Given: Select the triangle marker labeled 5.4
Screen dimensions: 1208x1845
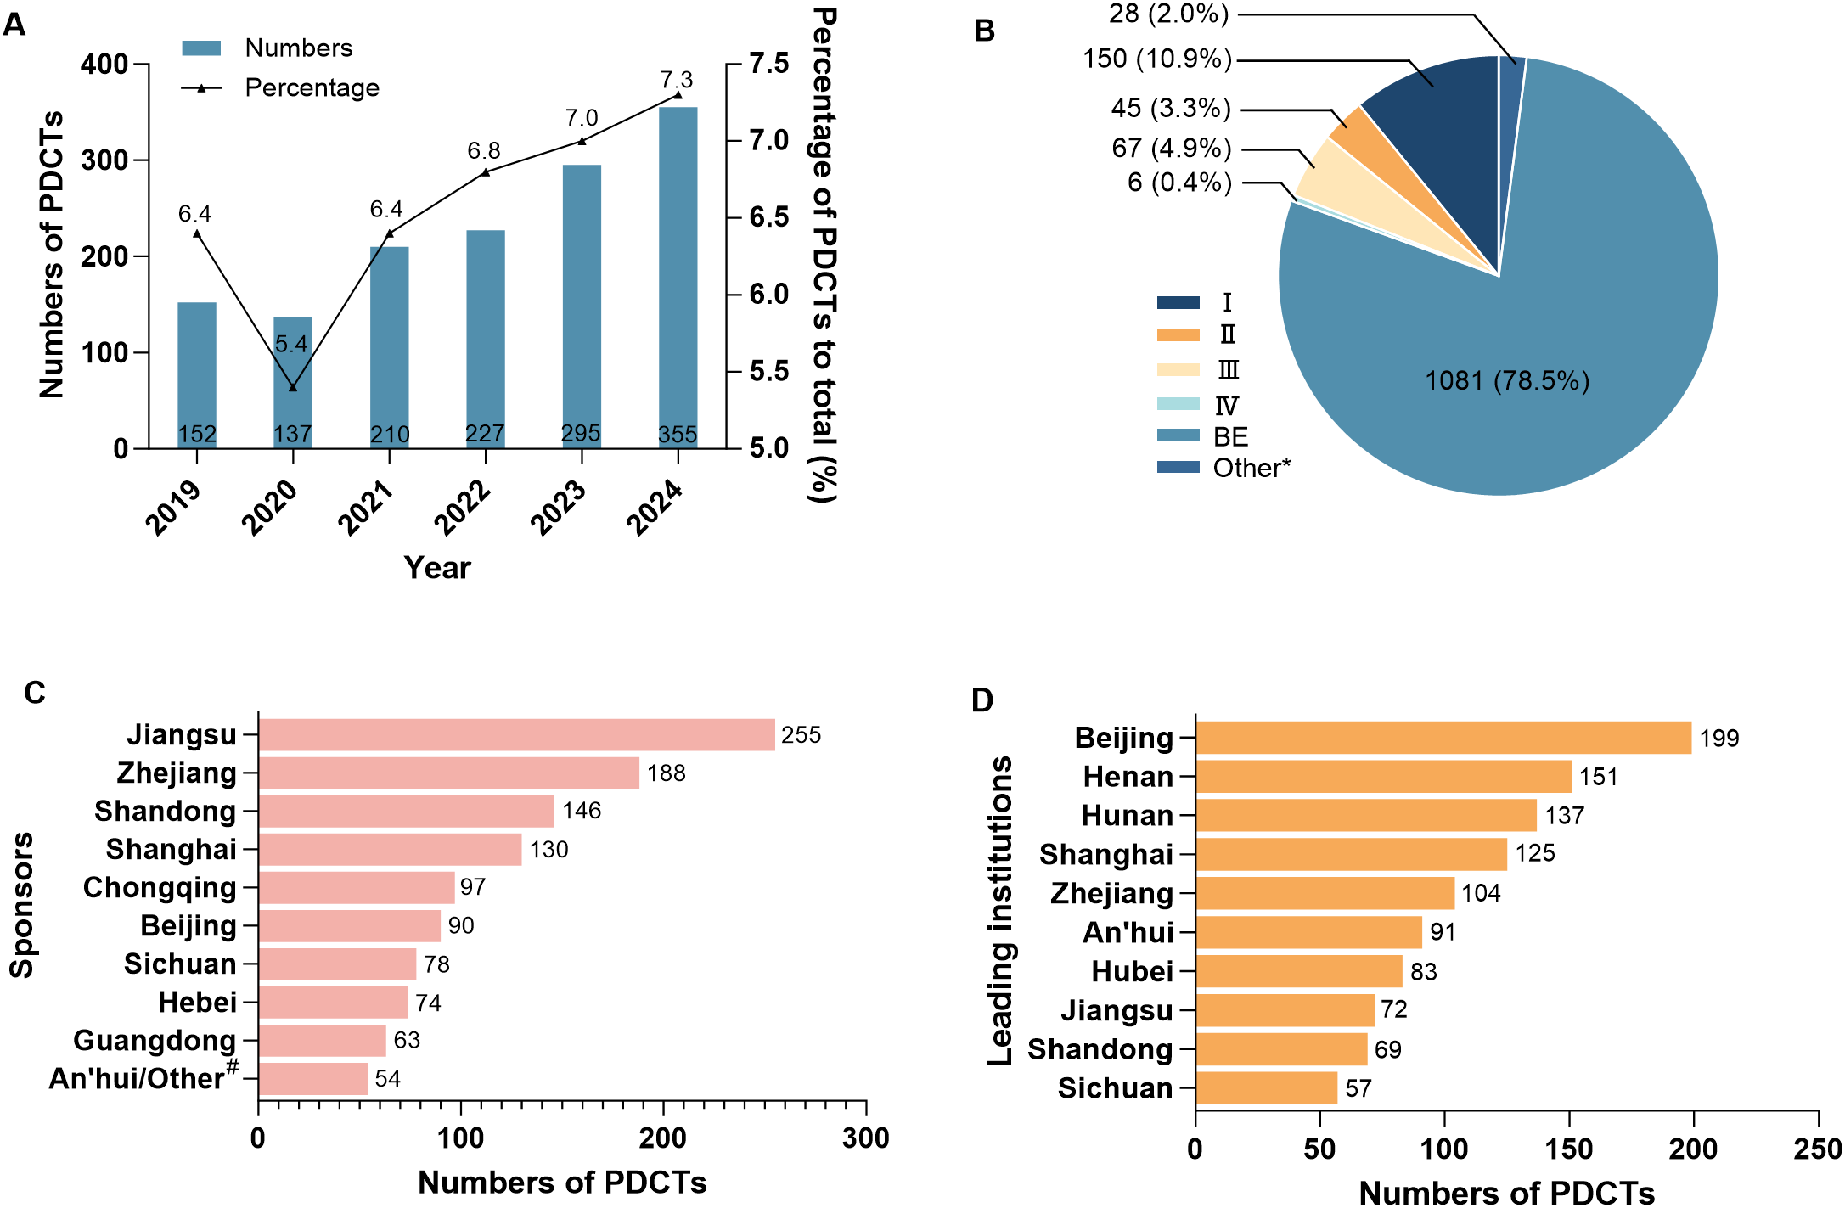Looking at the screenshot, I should [x=293, y=387].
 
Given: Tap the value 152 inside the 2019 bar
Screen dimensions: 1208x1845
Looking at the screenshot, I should [x=197, y=435].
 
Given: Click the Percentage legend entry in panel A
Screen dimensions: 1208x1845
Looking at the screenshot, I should [x=312, y=87].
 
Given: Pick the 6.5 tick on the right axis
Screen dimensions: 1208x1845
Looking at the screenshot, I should [x=768, y=217].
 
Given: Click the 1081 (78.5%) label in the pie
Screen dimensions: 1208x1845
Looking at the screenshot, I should [x=1506, y=380].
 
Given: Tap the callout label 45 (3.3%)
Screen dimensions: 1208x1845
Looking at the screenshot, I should [x=1170, y=109].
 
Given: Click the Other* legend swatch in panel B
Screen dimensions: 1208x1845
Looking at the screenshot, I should [x=1178, y=467].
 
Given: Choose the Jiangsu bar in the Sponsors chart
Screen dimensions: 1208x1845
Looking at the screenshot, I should [x=516, y=734].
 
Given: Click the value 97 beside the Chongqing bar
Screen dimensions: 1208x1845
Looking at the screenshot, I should [x=473, y=887].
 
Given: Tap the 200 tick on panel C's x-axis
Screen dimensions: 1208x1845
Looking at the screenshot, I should [x=662, y=1138].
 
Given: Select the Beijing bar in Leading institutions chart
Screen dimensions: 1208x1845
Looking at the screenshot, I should [x=1443, y=738].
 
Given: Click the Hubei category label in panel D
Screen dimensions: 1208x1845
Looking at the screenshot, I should [x=1132, y=970].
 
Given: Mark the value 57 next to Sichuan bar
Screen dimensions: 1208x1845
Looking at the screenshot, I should [x=1358, y=1088].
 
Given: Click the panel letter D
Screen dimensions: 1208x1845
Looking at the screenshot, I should [x=982, y=700].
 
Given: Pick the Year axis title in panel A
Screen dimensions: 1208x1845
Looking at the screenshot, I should [x=436, y=567].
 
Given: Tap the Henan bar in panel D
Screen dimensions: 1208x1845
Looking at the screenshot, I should [x=1383, y=776].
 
